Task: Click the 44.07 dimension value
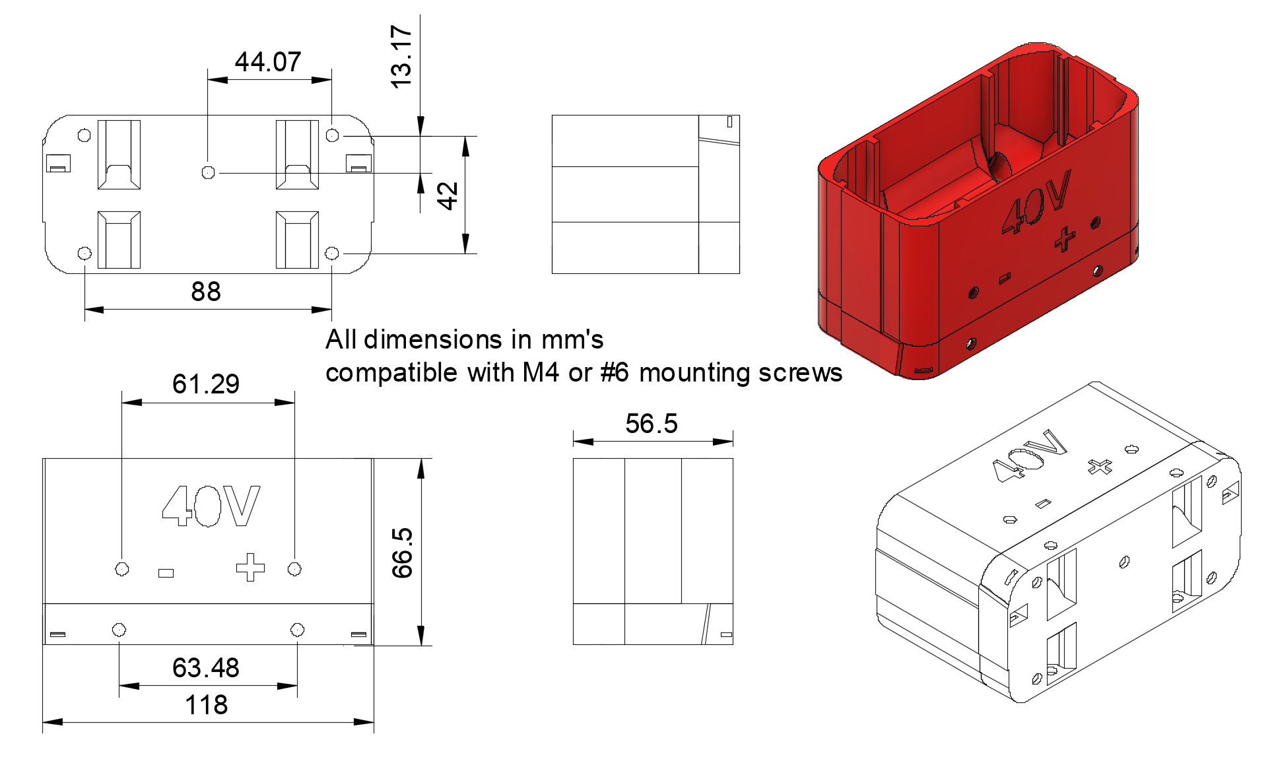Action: point(268,62)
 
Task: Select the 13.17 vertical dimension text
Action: point(401,57)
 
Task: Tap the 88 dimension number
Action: point(206,292)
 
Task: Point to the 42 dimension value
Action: point(448,196)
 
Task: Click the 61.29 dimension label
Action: point(206,384)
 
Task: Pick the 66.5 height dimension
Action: point(402,553)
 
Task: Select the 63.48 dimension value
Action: point(206,668)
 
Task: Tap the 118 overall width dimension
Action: point(207,705)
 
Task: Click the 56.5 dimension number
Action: point(652,424)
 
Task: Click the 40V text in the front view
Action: point(211,506)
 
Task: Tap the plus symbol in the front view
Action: point(250,568)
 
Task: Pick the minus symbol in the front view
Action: point(166,573)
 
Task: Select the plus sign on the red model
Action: point(1064,238)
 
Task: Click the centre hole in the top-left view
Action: point(208,172)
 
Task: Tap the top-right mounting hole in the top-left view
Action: point(333,135)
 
